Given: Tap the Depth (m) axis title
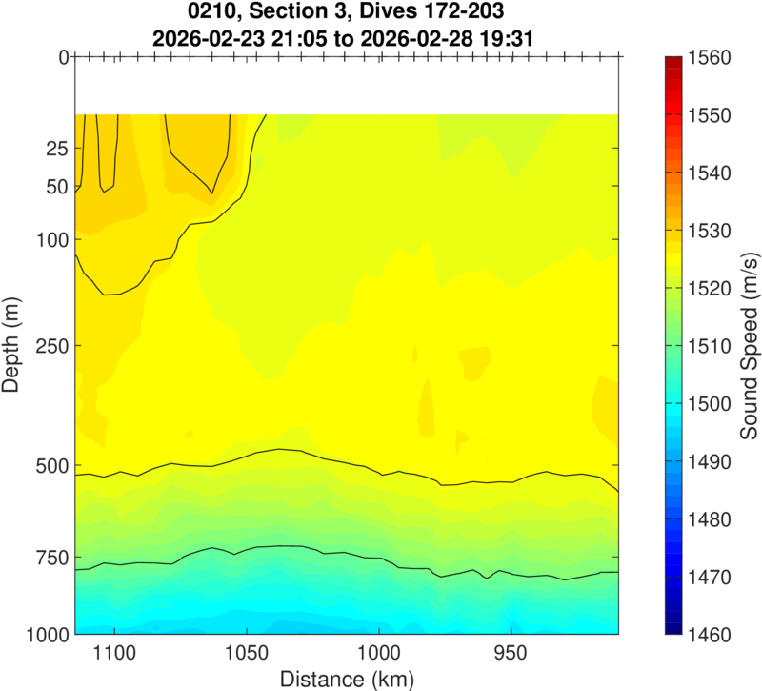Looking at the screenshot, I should pyautogui.click(x=12, y=345).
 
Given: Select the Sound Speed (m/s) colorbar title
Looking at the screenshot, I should pyautogui.click(x=750, y=345).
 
